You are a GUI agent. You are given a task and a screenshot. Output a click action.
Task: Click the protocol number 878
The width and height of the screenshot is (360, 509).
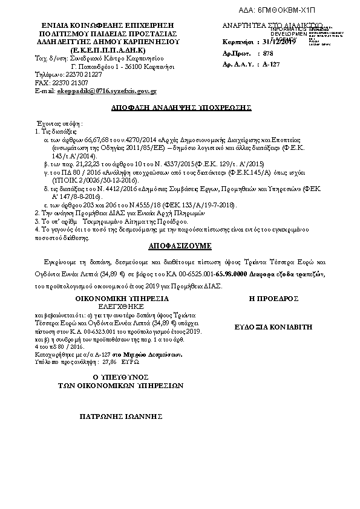269,53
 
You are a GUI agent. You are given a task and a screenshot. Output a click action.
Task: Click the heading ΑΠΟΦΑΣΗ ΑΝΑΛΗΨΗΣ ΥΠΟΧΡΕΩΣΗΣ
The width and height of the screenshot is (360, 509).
181,107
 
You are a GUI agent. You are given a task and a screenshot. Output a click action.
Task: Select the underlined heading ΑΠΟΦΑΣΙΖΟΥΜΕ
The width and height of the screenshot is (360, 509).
180,247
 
